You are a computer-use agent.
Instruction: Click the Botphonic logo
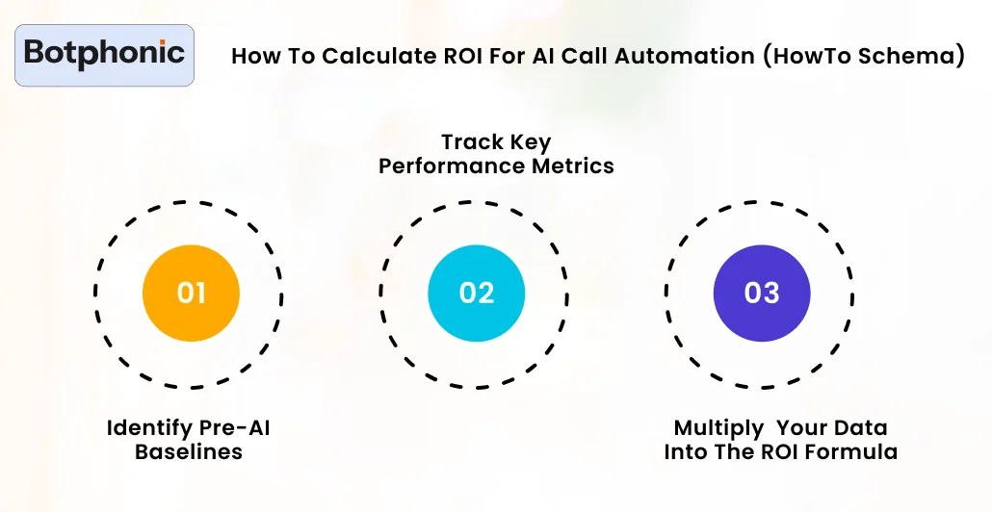(105, 54)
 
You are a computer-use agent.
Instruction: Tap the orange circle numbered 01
(191, 293)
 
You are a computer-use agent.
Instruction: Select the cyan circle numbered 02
(476, 293)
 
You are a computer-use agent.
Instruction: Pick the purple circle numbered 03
(761, 293)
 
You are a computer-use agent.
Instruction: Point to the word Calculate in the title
(367, 57)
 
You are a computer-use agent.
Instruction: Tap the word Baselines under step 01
(189, 451)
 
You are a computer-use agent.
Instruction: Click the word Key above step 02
(532, 142)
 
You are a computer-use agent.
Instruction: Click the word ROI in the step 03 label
(784, 451)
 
